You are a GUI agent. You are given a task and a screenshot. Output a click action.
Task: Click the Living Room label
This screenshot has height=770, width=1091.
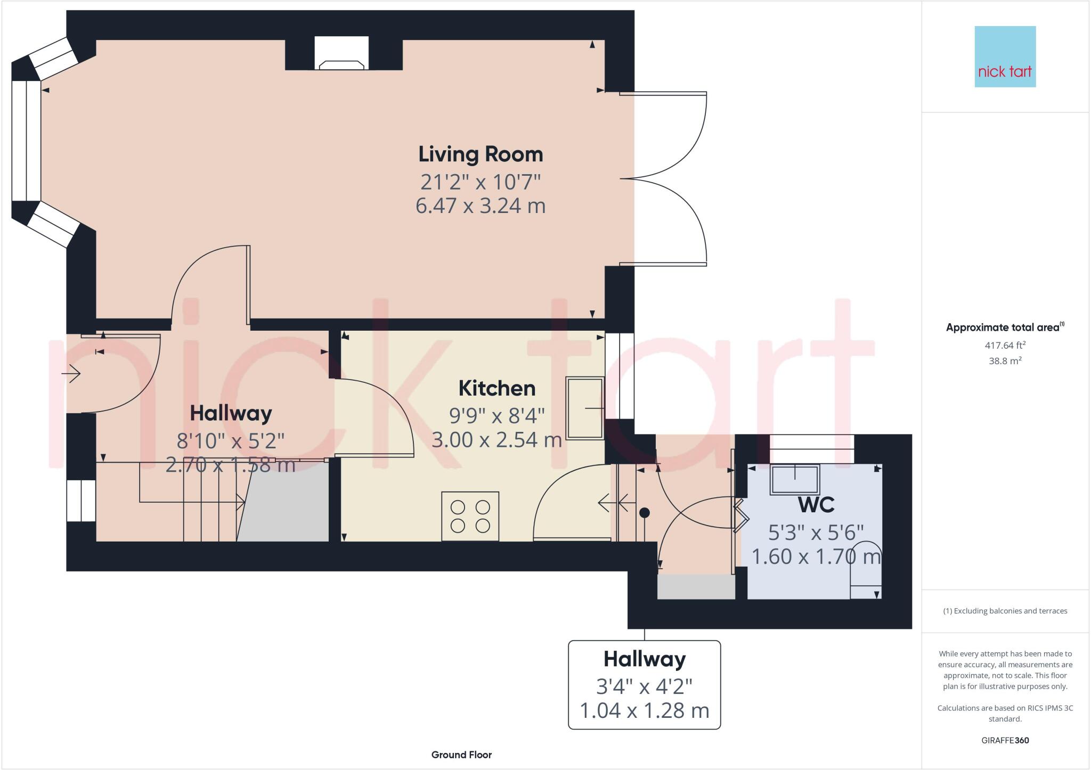click(481, 154)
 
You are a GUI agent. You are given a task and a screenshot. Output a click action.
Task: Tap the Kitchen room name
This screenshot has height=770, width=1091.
click(496, 388)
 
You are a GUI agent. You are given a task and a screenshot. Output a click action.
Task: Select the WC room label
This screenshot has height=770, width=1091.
click(816, 504)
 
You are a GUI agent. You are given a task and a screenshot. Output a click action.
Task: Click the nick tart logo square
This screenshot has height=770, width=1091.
click(1005, 56)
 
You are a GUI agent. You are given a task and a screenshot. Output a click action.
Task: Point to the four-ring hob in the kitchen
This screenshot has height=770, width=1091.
click(470, 516)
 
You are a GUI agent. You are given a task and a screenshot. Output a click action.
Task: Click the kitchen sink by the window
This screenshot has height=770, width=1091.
click(584, 408)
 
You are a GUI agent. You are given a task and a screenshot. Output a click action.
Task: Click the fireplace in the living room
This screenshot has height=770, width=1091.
click(341, 53)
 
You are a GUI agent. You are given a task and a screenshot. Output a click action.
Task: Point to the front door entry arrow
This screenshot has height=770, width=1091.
click(71, 374)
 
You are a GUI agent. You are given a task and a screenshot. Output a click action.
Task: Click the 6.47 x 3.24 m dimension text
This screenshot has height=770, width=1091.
click(481, 206)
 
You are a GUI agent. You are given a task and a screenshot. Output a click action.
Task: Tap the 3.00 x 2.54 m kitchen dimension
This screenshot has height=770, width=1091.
click(496, 440)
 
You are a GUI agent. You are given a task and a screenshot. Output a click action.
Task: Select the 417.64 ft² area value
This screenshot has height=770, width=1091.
click(1005, 345)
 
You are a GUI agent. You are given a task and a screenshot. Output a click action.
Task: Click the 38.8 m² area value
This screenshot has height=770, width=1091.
click(1005, 361)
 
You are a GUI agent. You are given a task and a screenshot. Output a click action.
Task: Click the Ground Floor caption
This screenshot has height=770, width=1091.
click(461, 755)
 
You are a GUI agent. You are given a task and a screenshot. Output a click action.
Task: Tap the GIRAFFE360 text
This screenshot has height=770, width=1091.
click(1005, 740)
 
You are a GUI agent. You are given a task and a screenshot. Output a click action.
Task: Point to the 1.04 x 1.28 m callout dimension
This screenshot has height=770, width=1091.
click(644, 710)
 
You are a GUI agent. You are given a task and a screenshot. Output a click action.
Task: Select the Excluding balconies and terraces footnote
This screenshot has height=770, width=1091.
click(1005, 611)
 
